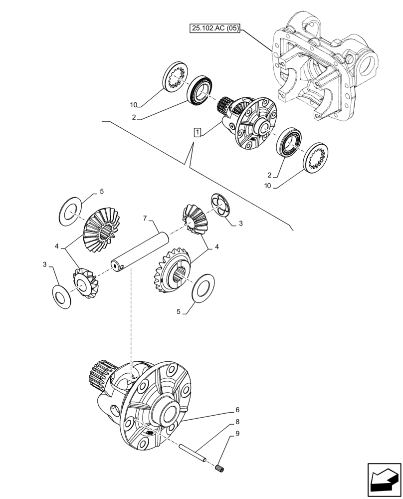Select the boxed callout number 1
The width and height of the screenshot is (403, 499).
pos(198,132)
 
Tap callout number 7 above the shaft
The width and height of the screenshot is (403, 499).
pos(145,218)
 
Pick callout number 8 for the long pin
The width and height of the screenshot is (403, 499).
pos(231,422)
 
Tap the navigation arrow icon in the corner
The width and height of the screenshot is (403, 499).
pos(384,479)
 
